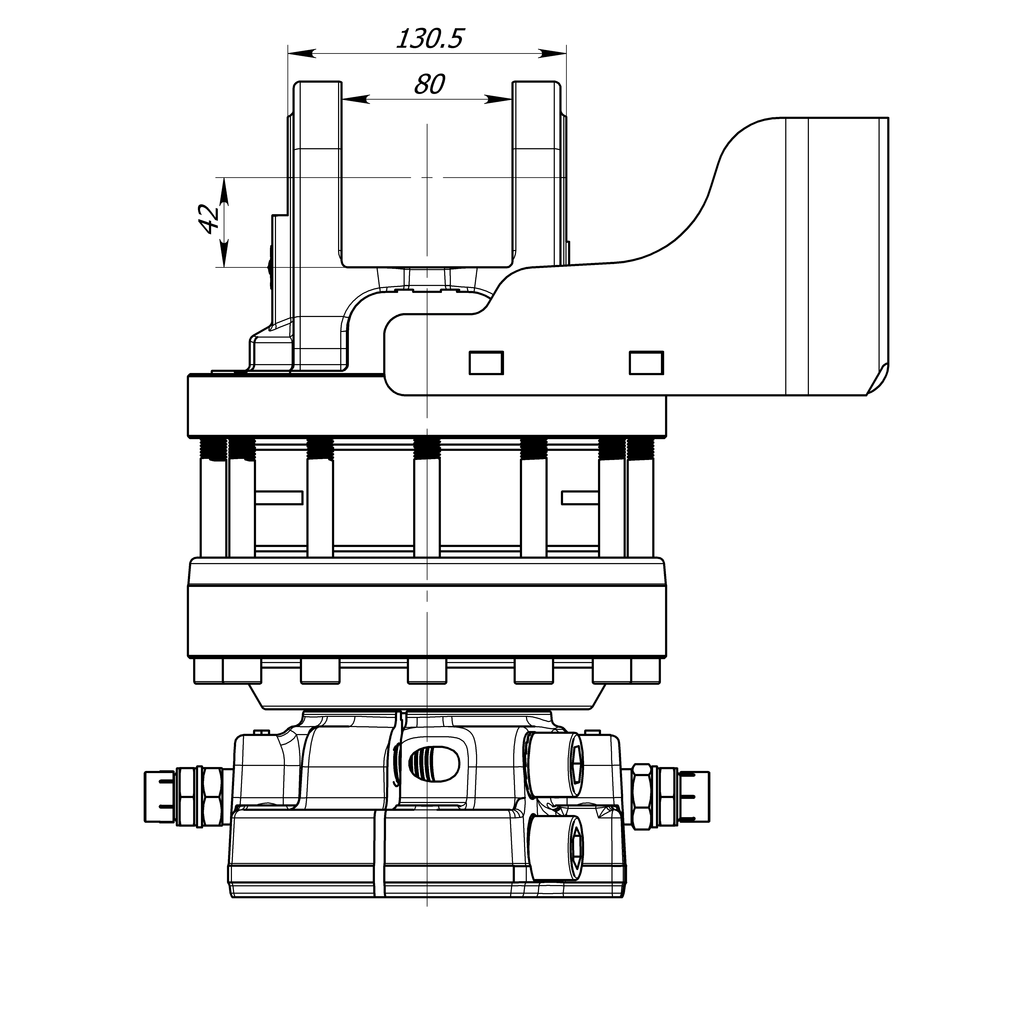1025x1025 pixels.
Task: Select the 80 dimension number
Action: tap(429, 85)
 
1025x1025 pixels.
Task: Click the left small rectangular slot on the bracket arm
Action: tap(486, 363)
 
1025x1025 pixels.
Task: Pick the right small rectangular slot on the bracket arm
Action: tap(646, 363)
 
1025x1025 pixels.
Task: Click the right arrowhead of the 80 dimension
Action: tap(499, 99)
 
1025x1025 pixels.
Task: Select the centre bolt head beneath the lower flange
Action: tap(427, 671)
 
